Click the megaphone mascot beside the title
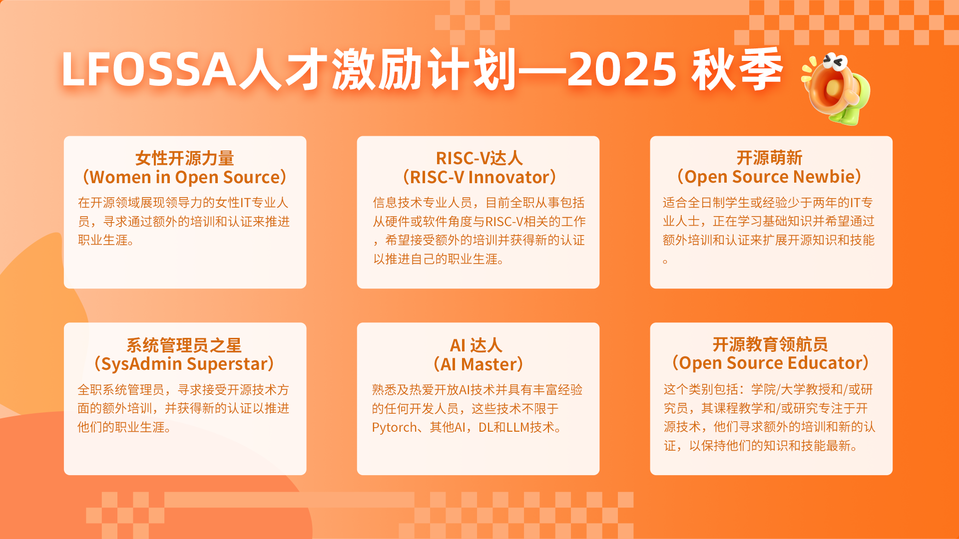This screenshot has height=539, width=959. pos(836,89)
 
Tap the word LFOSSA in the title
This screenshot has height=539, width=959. pos(149,70)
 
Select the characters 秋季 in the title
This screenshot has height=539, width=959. pos(737,70)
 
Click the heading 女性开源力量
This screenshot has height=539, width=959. pos(185,158)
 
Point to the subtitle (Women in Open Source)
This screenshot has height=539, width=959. pos(185,177)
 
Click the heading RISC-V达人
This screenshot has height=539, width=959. pos(479,158)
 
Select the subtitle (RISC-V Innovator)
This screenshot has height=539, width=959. pos(479,177)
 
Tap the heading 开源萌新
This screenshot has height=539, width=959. pos(770,158)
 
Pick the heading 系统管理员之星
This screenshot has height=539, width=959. pos(184,345)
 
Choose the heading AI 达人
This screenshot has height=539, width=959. pos(476,345)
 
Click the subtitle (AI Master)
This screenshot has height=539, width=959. pos(478,364)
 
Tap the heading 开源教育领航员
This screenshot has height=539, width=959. pos(770,344)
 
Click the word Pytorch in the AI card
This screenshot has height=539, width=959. pos(394,428)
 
